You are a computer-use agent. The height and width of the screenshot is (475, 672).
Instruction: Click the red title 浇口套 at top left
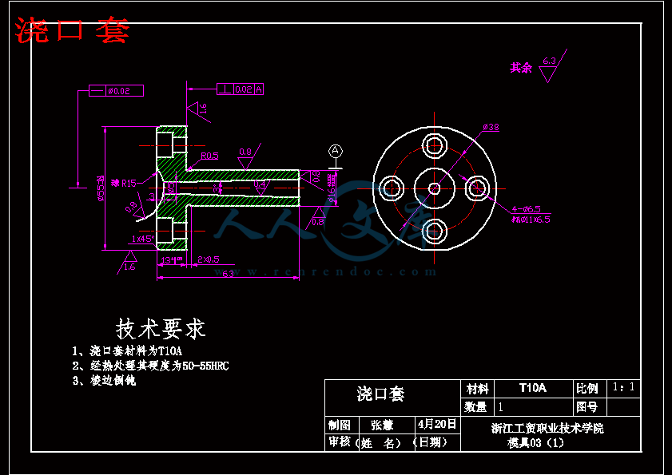[72, 31]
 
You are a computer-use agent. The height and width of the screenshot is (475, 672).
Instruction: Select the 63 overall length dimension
[228, 274]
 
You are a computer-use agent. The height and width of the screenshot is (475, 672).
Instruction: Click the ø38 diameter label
[491, 127]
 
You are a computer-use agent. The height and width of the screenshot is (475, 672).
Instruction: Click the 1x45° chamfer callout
[142, 239]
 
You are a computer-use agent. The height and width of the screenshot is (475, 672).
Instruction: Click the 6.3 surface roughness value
[549, 61]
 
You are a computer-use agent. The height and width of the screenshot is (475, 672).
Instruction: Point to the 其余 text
[521, 69]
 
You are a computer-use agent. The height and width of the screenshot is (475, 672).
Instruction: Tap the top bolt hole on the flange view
[435, 144]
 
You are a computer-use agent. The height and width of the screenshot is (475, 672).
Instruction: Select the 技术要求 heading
[161, 328]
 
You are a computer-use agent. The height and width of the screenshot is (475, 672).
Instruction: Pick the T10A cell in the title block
[532, 388]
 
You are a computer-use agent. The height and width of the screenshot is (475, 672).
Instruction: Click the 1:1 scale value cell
[624, 387]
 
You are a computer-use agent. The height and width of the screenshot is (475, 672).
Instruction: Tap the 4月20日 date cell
[437, 424]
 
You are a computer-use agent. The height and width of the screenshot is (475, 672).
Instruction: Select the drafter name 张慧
[382, 425]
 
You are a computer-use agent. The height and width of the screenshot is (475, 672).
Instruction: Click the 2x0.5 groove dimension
[209, 259]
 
